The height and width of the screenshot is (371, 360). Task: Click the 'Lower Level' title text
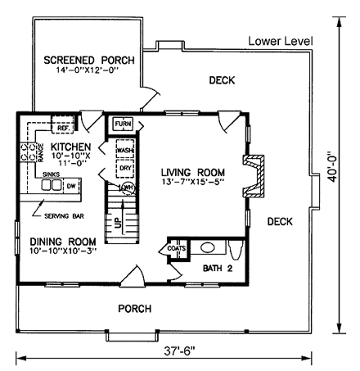(281, 41)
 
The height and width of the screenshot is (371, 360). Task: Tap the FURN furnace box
(123, 124)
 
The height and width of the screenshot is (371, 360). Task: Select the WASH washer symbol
(125, 149)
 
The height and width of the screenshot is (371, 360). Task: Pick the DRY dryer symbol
(125, 169)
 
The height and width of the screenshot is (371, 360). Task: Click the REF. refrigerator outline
(62, 124)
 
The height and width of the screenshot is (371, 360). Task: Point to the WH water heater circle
(128, 188)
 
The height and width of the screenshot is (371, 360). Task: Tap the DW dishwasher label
(71, 186)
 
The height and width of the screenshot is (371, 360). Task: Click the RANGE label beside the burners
(41, 153)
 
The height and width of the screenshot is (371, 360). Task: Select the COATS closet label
(177, 248)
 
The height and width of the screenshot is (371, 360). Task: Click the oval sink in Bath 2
(208, 247)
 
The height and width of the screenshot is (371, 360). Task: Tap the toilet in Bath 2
(236, 250)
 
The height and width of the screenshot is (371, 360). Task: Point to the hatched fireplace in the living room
(254, 176)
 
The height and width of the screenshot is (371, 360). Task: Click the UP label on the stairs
(118, 223)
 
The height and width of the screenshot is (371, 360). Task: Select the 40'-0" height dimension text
(332, 166)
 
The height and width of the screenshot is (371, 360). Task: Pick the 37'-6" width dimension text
(180, 351)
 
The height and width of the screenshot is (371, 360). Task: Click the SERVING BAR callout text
(64, 216)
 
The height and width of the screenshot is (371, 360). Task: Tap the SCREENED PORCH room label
(89, 60)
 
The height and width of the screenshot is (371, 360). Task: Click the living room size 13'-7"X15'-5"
(193, 182)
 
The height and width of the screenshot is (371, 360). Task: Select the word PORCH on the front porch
(135, 309)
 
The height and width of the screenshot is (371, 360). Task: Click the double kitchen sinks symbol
(52, 185)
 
